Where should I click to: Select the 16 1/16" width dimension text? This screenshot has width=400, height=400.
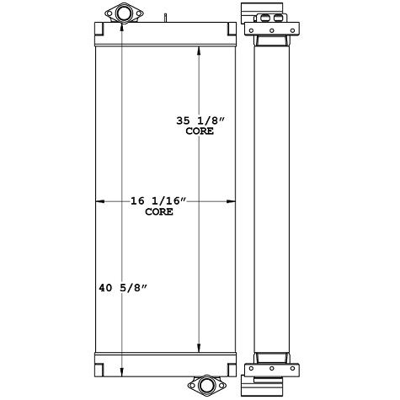pyautogui.click(x=158, y=201)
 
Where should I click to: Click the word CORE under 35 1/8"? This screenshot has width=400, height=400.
pyautogui.click(x=199, y=132)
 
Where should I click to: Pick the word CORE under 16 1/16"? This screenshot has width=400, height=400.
pyautogui.click(x=159, y=212)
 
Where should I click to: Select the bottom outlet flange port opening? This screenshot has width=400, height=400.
pyautogui.click(x=205, y=387)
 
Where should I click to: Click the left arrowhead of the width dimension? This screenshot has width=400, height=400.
pyautogui.click(x=100, y=201)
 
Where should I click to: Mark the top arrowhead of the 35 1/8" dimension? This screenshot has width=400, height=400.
pyautogui.click(x=199, y=51)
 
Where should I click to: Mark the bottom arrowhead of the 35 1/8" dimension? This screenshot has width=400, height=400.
pyautogui.click(x=199, y=349)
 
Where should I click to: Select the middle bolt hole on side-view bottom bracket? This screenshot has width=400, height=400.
pyautogui.click(x=271, y=367)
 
